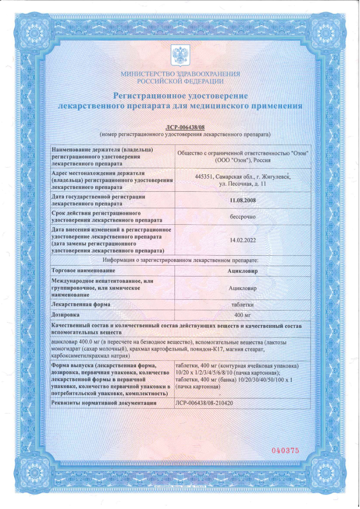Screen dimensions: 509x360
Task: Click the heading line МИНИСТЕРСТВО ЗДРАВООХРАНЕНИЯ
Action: coord(180,74)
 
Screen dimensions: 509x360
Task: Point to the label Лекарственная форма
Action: coord(81,305)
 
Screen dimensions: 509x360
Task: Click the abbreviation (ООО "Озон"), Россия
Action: coord(243,160)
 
